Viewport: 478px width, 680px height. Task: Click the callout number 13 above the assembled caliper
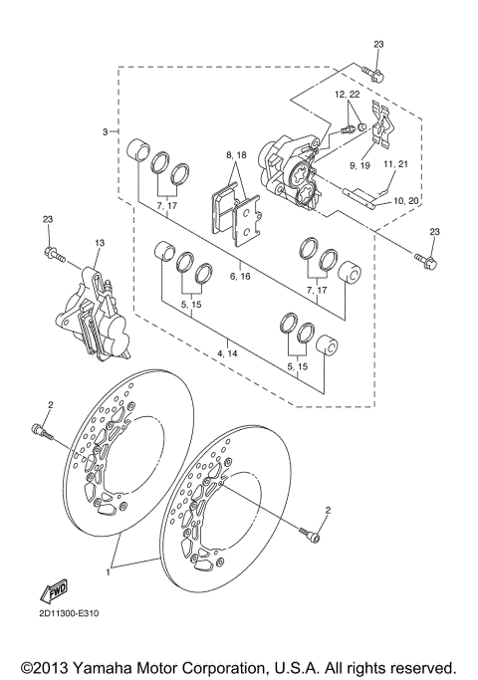click(100, 242)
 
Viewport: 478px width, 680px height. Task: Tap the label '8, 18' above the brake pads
click(235, 156)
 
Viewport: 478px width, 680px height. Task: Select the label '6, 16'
click(239, 275)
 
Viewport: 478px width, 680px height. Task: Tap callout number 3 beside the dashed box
click(104, 131)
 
